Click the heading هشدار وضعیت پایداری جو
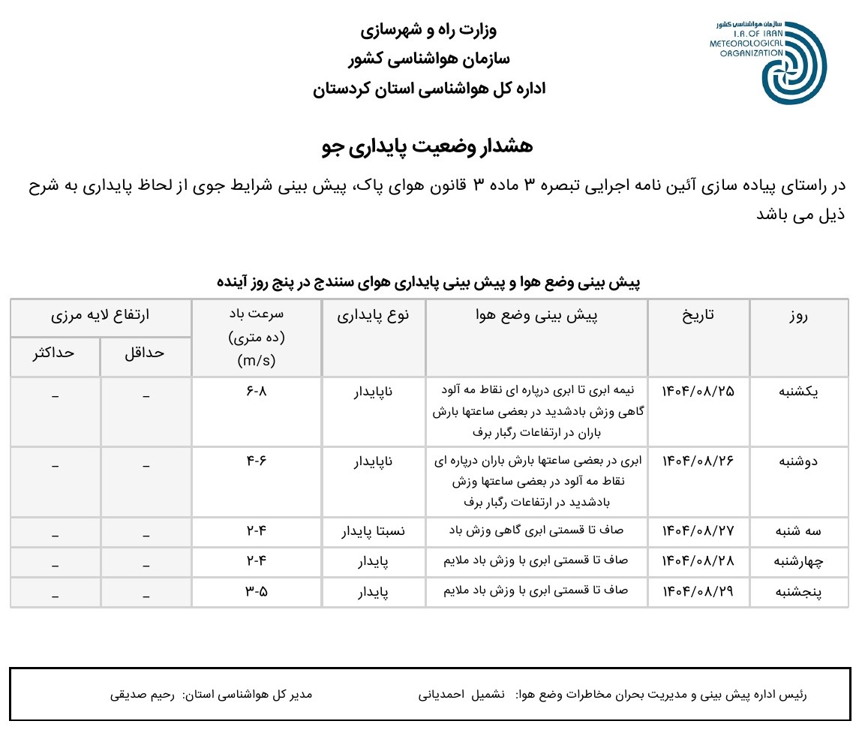pyautogui.click(x=427, y=146)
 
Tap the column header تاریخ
pyautogui.click(x=698, y=316)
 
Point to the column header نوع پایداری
pyautogui.click(x=374, y=316)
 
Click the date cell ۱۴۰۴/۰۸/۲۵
pyautogui.click(x=698, y=391)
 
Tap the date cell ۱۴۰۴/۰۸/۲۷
pyautogui.click(x=698, y=531)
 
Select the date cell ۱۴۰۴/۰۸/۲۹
pyautogui.click(x=698, y=591)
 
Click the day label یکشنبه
pyautogui.click(x=798, y=391)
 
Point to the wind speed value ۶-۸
pyautogui.click(x=256, y=391)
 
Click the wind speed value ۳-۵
pyautogui.click(x=256, y=591)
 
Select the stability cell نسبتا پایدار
pyautogui.click(x=374, y=531)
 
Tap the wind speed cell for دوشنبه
pyautogui.click(x=256, y=461)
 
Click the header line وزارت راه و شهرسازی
pyautogui.click(x=428, y=31)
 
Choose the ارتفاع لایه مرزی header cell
pyautogui.click(x=100, y=316)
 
